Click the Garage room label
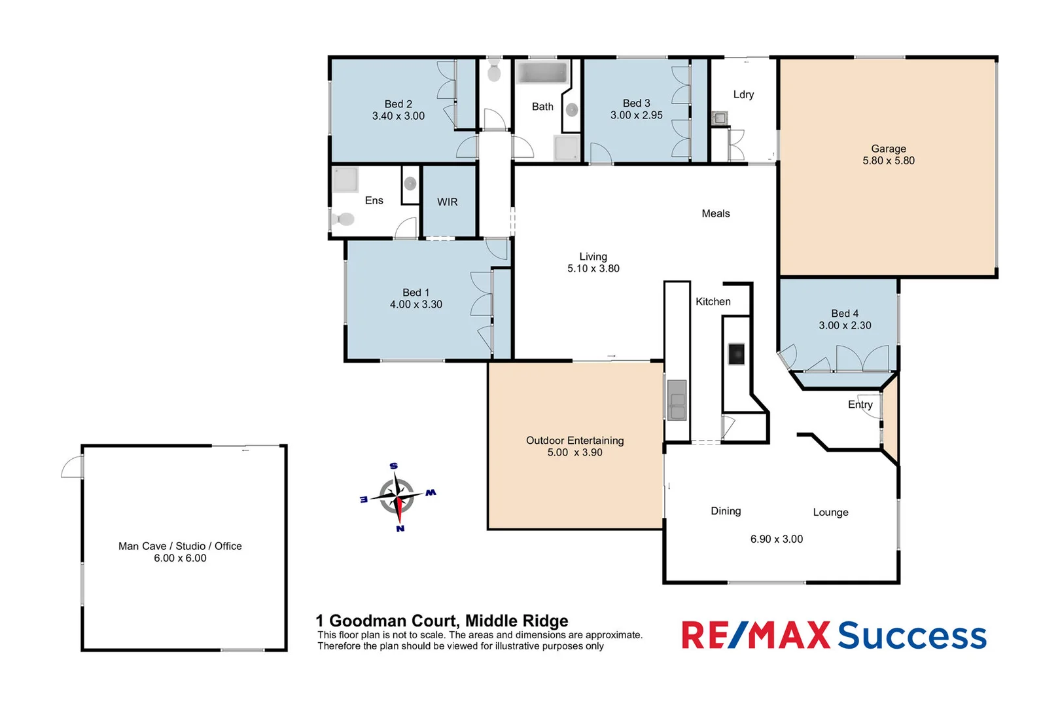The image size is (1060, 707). pyautogui.click(x=888, y=149)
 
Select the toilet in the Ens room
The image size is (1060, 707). pyautogui.click(x=344, y=219)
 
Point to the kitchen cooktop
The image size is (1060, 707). pyautogui.click(x=736, y=354)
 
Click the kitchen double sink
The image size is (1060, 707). pyautogui.click(x=677, y=400)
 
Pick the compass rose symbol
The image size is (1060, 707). pyautogui.click(x=397, y=497)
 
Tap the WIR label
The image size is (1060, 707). pyautogui.click(x=447, y=202)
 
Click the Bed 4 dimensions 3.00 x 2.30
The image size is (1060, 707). pyautogui.click(x=845, y=325)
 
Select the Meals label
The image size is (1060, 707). pyautogui.click(x=715, y=213)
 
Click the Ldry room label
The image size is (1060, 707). pyautogui.click(x=743, y=94)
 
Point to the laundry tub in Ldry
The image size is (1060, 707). pyautogui.click(x=719, y=118)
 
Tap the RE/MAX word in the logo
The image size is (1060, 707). pyautogui.click(x=755, y=635)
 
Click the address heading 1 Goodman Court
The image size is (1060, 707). pyautogui.click(x=442, y=620)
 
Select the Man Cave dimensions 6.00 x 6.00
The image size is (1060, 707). pyautogui.click(x=180, y=558)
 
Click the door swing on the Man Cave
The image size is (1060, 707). pyautogui.click(x=72, y=466)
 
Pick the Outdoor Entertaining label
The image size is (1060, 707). pyautogui.click(x=574, y=441)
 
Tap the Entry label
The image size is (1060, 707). pyautogui.click(x=860, y=405)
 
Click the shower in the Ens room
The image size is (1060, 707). pyautogui.click(x=345, y=179)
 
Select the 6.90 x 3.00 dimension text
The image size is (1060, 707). pyautogui.click(x=776, y=539)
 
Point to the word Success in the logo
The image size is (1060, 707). pyautogui.click(x=911, y=635)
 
